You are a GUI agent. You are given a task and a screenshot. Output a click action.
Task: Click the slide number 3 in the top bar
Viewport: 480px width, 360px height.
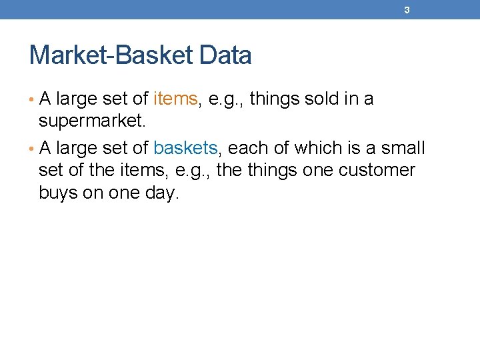click(407, 10)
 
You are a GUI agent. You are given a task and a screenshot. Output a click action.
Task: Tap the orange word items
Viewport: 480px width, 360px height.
click(175, 99)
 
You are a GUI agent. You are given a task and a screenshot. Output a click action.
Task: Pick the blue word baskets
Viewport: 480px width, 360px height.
click(185, 147)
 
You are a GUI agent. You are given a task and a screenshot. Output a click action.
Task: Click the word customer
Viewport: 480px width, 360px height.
click(377, 170)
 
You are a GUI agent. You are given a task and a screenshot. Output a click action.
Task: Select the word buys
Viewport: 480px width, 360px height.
click(58, 193)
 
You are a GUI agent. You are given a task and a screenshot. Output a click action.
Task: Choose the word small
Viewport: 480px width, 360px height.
click(403, 147)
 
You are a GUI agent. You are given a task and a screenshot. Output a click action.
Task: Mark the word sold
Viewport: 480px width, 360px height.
click(321, 99)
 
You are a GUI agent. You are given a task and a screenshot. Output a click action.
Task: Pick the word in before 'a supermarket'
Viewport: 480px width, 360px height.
click(351, 99)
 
